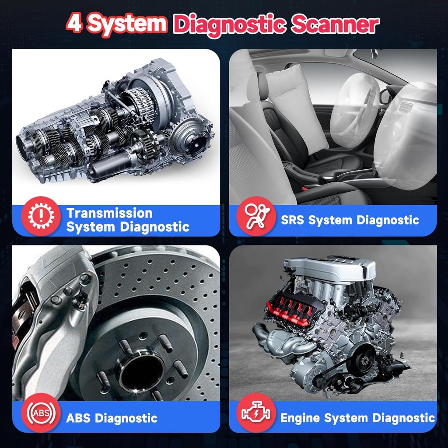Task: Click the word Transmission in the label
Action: coord(109,213)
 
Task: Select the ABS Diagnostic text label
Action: coord(112,417)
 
